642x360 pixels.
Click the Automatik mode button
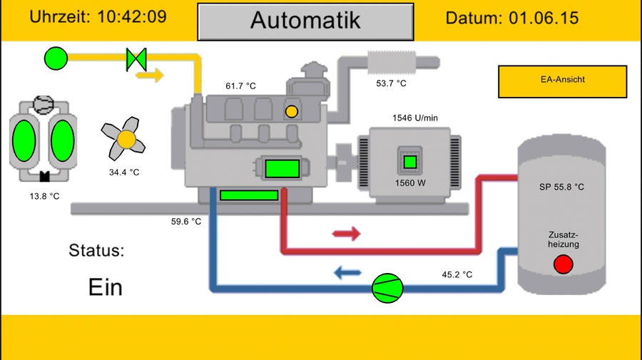(x=305, y=21)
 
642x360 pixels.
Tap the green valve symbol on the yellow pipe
(x=136, y=58)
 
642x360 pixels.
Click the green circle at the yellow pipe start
(x=56, y=58)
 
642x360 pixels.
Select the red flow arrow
(x=347, y=234)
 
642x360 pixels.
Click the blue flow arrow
(x=348, y=272)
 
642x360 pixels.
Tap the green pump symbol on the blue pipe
(x=388, y=287)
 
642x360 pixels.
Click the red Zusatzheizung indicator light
(x=563, y=264)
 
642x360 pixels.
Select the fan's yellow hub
(x=126, y=140)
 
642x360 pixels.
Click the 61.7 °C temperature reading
(x=240, y=86)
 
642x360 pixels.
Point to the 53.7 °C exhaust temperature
(x=391, y=83)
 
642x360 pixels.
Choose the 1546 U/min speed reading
(x=414, y=118)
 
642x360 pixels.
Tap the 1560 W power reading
(x=410, y=182)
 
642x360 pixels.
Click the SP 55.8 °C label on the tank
(x=561, y=187)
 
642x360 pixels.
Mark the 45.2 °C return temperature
(x=457, y=274)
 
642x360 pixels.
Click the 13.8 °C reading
(x=44, y=196)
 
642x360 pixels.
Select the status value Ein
(x=106, y=287)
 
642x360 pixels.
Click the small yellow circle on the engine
(x=291, y=111)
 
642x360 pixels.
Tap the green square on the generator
(x=410, y=162)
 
